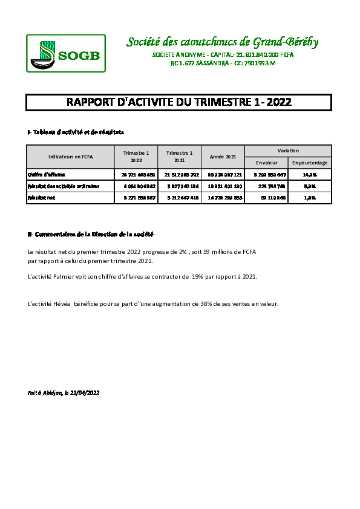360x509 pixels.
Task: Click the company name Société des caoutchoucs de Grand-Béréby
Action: [x=222, y=42]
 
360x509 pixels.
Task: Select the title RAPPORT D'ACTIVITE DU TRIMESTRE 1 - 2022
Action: [x=178, y=103]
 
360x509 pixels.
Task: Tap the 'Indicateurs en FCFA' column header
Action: [x=70, y=157]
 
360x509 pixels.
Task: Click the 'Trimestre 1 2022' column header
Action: [x=136, y=157]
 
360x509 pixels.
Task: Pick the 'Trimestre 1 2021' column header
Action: [x=179, y=157]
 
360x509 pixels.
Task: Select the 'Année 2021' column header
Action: [x=223, y=157]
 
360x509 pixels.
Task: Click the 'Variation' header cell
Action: [x=288, y=151]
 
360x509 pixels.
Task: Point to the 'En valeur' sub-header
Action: [x=266, y=163]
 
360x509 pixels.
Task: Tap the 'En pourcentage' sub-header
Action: [x=309, y=163]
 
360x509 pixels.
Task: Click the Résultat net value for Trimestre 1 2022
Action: [x=136, y=197]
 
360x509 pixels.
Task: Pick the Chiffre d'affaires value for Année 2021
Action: [x=223, y=174]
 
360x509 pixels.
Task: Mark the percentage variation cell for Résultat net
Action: [x=309, y=197]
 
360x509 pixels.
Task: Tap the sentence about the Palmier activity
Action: [x=143, y=276]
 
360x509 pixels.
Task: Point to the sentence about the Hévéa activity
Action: [x=153, y=304]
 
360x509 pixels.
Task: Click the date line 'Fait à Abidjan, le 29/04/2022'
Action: [x=64, y=393]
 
